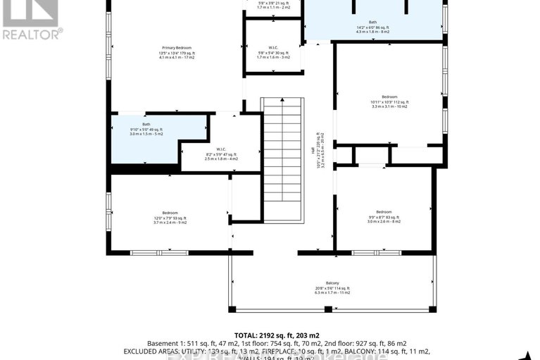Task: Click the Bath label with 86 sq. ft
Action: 372,22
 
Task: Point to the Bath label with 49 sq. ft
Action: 146,125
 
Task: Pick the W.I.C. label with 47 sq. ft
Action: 220,149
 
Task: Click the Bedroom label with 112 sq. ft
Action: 389,97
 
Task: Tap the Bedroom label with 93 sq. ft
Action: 170,212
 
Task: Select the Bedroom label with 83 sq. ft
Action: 384,211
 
